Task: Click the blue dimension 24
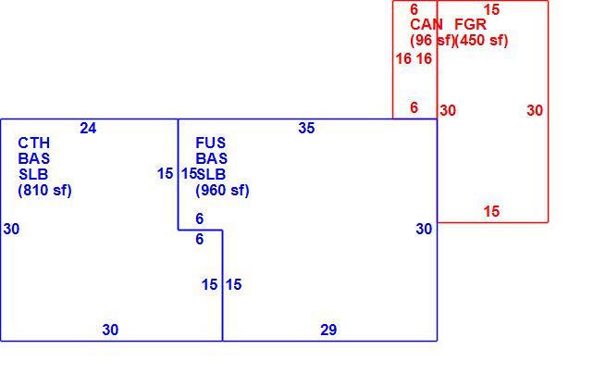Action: coord(88,128)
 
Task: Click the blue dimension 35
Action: coord(306,128)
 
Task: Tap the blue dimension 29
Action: coord(328,330)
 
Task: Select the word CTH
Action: coord(33,143)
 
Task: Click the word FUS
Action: coord(211,143)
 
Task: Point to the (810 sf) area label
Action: coord(44,191)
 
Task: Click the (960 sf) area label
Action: coord(222,191)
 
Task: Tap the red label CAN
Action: coord(427,25)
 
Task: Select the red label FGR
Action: coord(470,25)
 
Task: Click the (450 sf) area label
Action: coord(481,40)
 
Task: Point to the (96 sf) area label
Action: coord(432,40)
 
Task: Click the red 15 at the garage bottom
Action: coord(491,211)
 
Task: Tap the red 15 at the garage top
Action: coord(491,9)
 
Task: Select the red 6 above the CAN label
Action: coord(415,9)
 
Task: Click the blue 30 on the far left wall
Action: coord(11,229)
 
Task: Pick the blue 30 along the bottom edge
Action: coord(110,330)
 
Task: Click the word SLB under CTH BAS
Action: coord(33,174)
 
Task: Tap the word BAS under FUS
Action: coord(211,158)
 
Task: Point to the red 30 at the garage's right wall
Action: coord(535,110)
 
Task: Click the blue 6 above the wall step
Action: coord(200,218)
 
